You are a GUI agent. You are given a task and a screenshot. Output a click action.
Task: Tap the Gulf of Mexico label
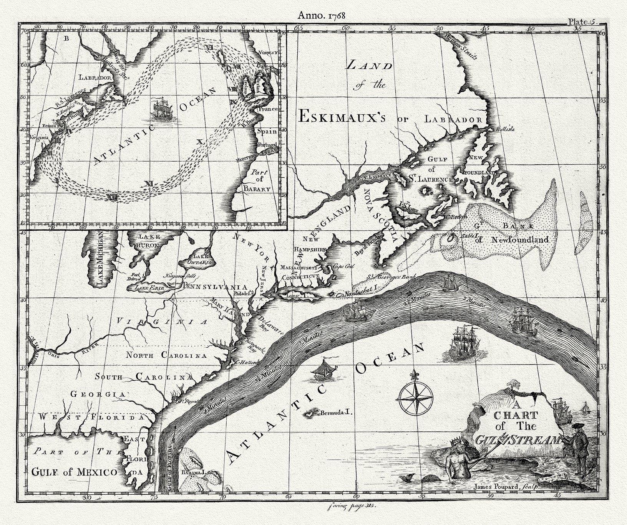pyautogui.click(x=75, y=472)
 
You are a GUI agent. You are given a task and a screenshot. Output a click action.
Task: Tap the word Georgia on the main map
pyautogui.click(x=98, y=394)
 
